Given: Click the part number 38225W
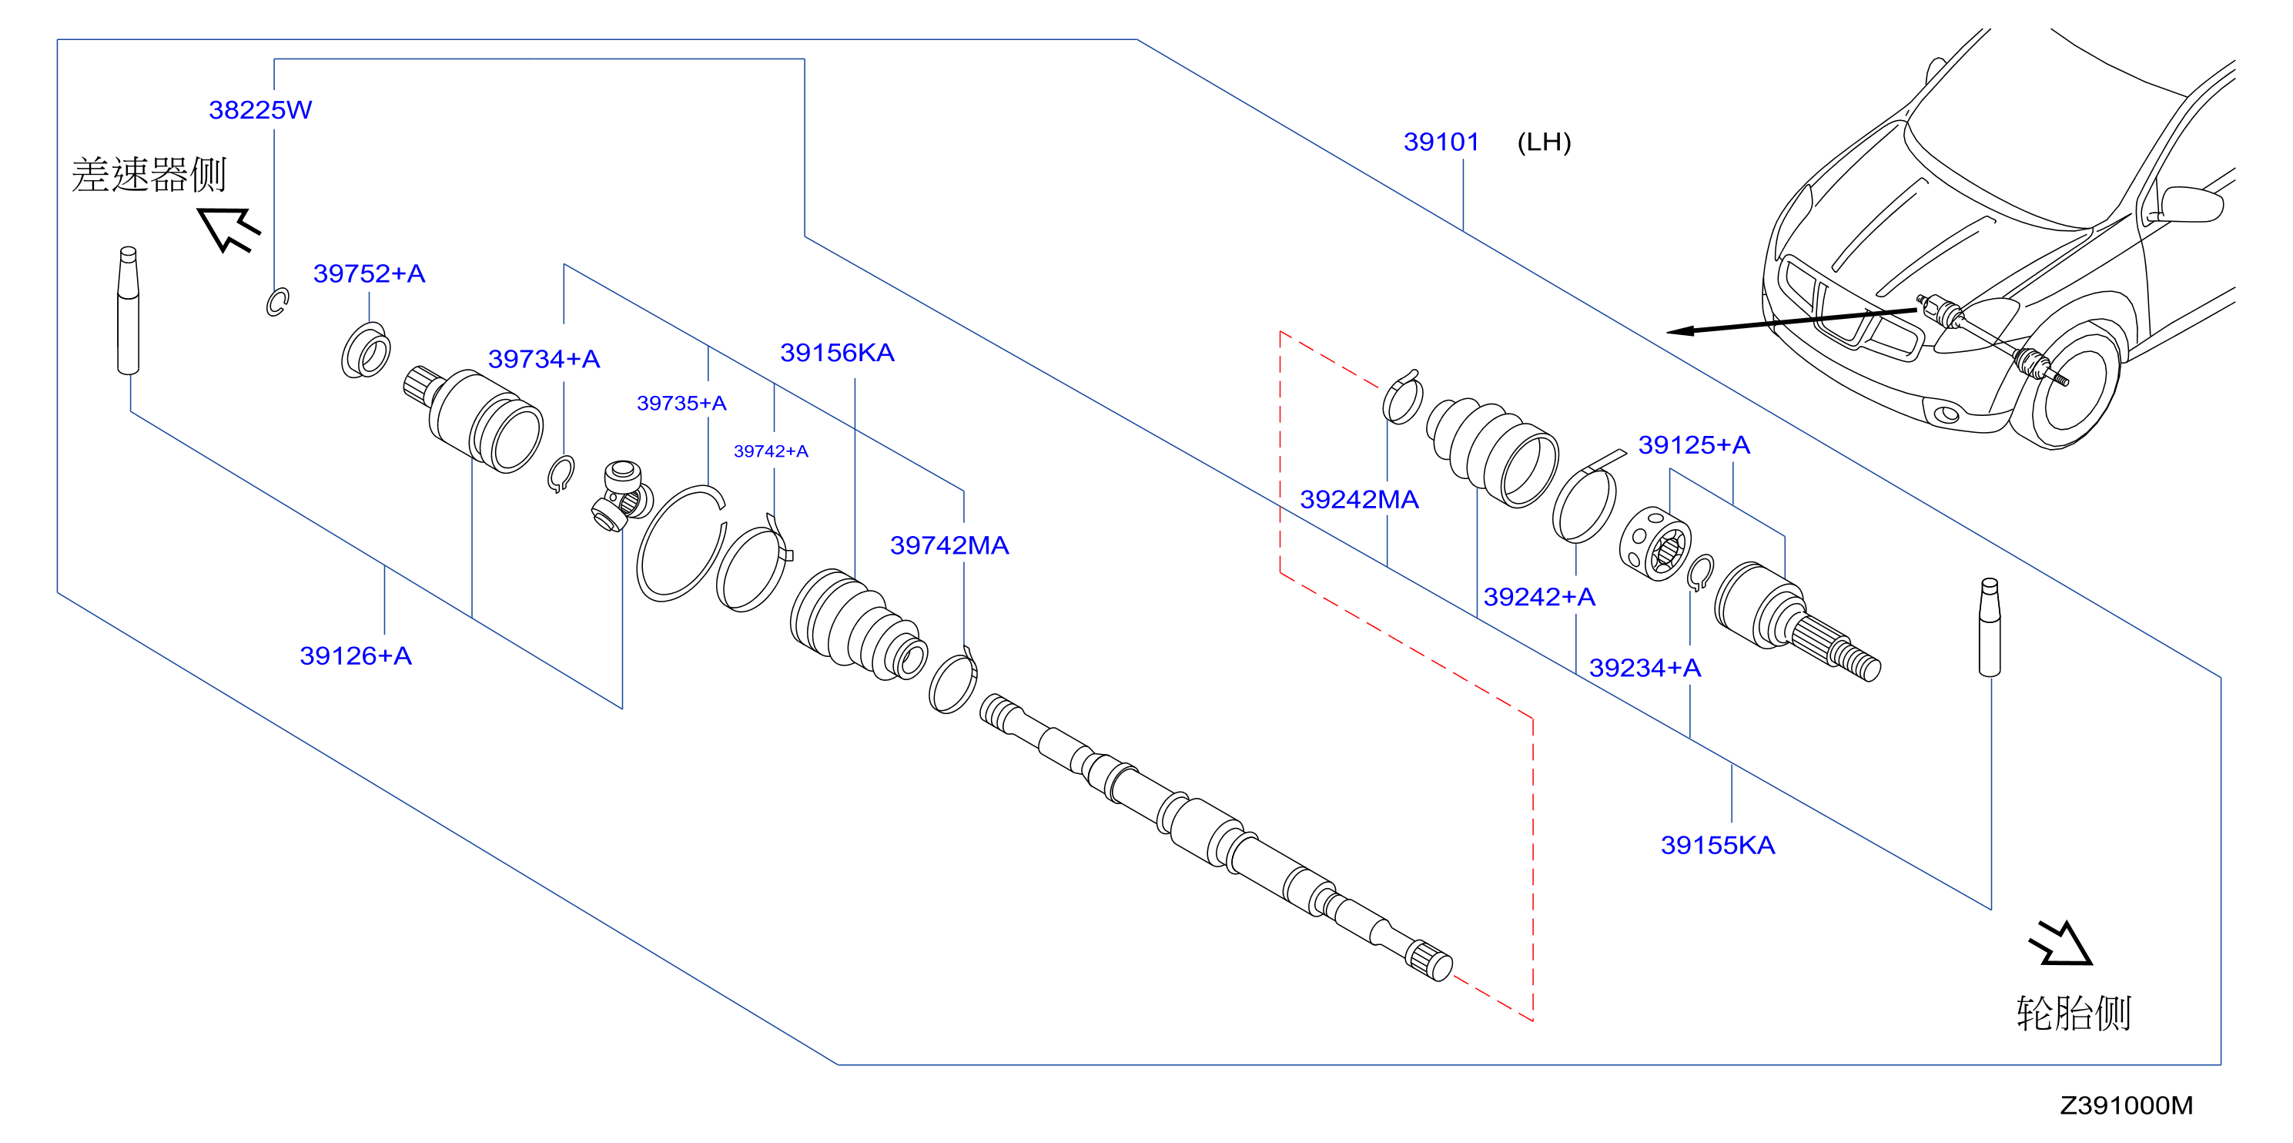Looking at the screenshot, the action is (x=260, y=109).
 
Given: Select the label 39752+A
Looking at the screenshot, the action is (x=369, y=273).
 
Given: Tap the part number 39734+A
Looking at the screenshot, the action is (x=544, y=359).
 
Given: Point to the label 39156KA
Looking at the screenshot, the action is (x=837, y=353).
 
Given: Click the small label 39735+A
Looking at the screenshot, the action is (x=682, y=404).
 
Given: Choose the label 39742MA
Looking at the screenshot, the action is (x=949, y=545).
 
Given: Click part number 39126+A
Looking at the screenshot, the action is (x=356, y=655).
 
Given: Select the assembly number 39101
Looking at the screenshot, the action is (x=1441, y=142).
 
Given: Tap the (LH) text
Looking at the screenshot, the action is (x=1545, y=142).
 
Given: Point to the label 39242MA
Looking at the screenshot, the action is (x=1359, y=499).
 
